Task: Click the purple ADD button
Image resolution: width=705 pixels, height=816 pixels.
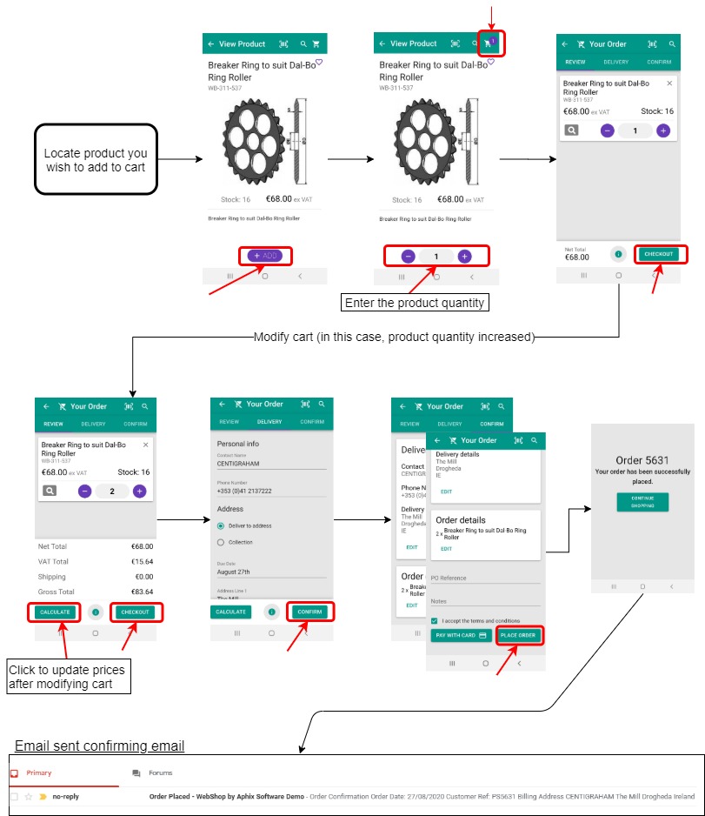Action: [265, 256]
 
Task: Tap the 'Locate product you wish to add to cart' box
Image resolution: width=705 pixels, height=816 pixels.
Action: [96, 160]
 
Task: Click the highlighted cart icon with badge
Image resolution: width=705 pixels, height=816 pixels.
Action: [489, 43]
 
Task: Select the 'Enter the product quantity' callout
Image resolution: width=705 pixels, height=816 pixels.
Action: [416, 303]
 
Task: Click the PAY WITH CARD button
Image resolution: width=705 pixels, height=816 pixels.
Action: [461, 636]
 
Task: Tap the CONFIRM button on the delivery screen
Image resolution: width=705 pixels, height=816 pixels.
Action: [309, 612]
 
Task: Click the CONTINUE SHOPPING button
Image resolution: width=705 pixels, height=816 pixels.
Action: [642, 502]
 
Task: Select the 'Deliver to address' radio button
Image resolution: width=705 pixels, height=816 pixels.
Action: [221, 525]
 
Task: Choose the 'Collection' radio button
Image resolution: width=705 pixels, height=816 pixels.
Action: [221, 542]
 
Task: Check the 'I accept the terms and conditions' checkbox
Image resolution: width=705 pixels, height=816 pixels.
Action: [434, 620]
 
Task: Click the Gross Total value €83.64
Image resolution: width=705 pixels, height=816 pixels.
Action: [142, 592]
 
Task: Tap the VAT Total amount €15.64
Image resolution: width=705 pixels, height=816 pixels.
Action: [142, 561]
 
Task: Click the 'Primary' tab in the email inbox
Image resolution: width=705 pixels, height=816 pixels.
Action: [39, 773]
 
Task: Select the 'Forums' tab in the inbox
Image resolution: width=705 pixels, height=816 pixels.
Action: [160, 773]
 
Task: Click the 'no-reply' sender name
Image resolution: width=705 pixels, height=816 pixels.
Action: [65, 796]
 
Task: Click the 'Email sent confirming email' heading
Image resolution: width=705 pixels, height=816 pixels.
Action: [99, 746]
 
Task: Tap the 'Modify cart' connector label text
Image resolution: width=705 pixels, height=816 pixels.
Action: [393, 337]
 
